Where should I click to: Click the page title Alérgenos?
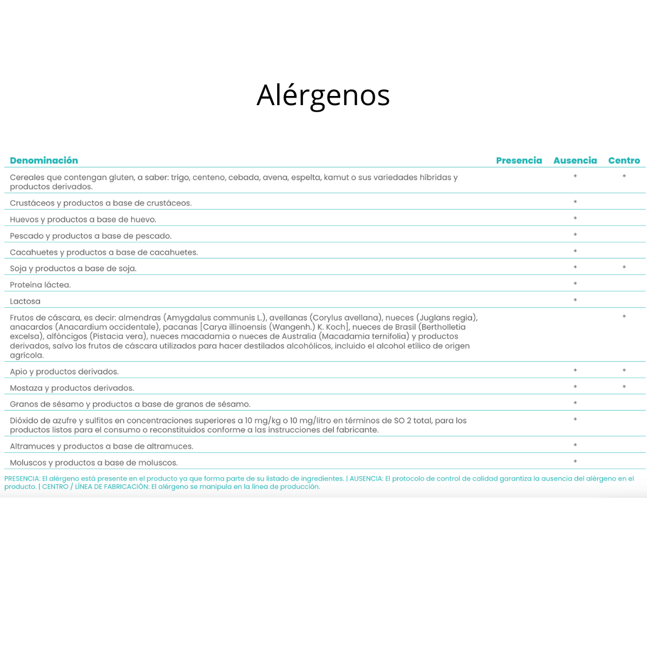click(x=323, y=95)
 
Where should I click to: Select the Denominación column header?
click(x=44, y=160)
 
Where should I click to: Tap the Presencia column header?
click(x=519, y=160)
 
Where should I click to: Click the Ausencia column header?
click(x=575, y=160)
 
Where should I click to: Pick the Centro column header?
click(x=624, y=160)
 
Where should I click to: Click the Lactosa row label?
click(x=25, y=301)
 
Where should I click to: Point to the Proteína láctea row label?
click(x=40, y=285)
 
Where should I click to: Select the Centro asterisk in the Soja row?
click(x=624, y=268)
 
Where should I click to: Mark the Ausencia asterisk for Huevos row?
click(x=575, y=219)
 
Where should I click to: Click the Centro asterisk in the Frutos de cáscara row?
click(x=624, y=317)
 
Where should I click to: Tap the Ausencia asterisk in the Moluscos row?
click(x=575, y=462)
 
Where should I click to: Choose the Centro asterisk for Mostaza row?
click(x=624, y=387)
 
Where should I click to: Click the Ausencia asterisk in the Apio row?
click(x=575, y=371)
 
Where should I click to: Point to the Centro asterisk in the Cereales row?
click(x=624, y=177)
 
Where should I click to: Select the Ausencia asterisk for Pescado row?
click(x=575, y=235)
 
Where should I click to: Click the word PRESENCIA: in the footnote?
click(x=22, y=478)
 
